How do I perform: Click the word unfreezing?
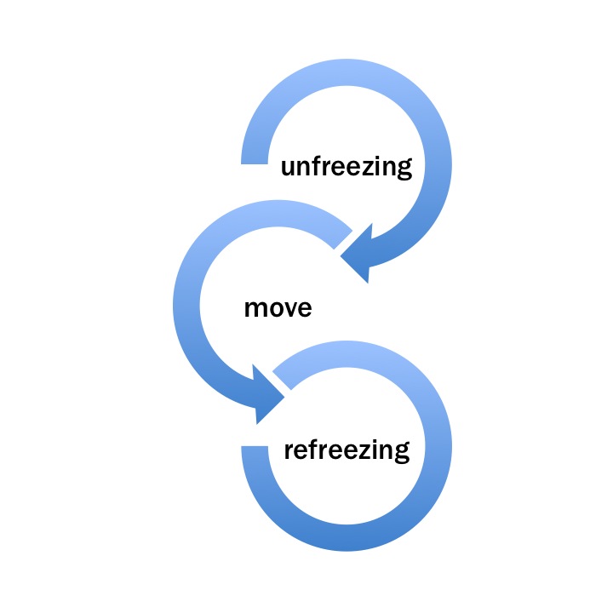(347, 166)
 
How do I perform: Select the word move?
(278, 307)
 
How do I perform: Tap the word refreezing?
(347, 449)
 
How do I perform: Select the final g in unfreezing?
(404, 170)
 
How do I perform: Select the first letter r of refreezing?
(289, 450)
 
